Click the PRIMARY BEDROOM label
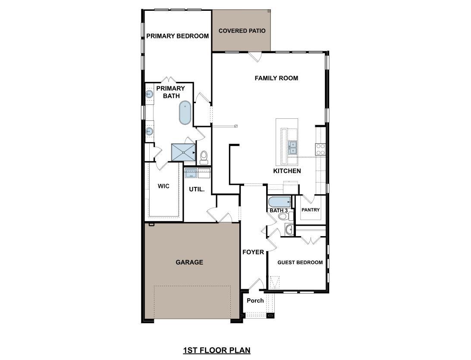[177, 36]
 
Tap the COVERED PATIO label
[242, 31]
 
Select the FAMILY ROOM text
[276, 78]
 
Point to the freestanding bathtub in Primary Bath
[185, 113]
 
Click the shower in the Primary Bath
[184, 152]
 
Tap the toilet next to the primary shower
[204, 156]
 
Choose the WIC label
[163, 186]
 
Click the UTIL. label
[196, 189]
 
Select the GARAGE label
[189, 262]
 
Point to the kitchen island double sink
[292, 148]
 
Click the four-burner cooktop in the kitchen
[320, 149]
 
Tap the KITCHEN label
[287, 171]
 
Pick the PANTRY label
[311, 210]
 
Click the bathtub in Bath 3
[279, 202]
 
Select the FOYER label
[253, 252]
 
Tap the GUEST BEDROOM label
[300, 262]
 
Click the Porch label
[255, 300]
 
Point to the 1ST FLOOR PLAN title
[217, 350]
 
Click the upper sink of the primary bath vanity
[149, 94]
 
